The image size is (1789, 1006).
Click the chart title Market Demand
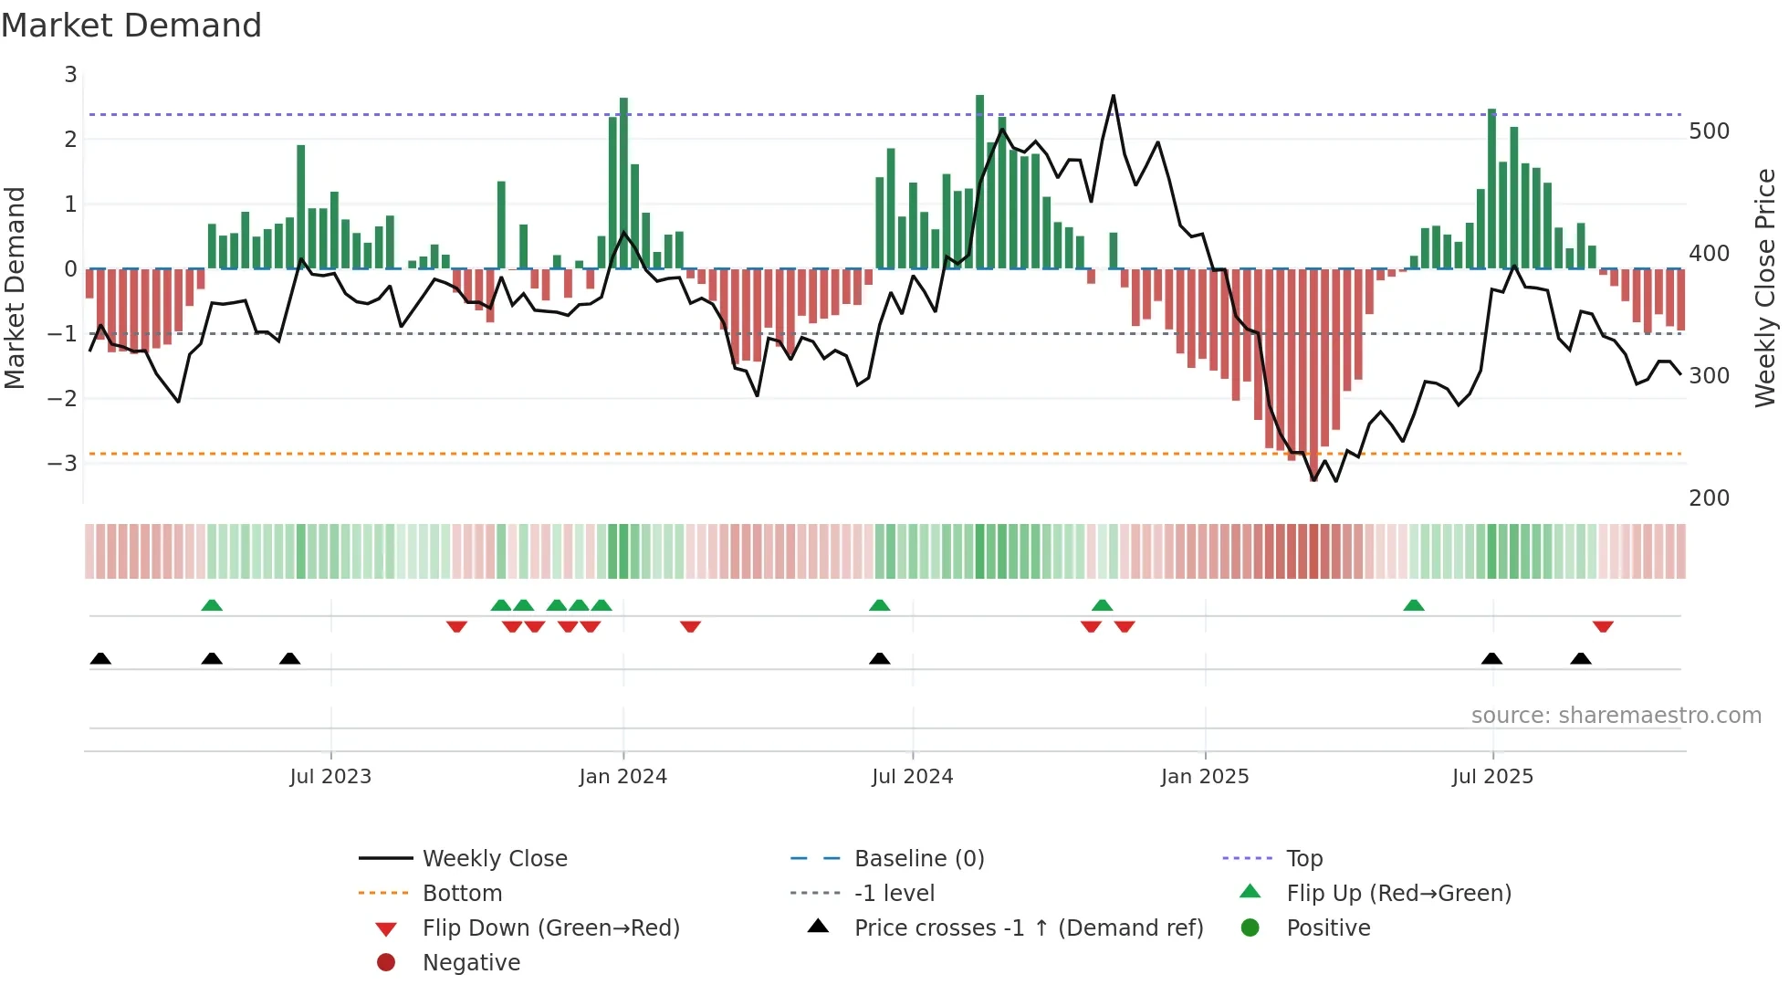(x=131, y=26)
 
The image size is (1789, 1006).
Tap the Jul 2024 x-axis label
(x=912, y=776)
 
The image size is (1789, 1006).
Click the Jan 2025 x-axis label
(x=1204, y=776)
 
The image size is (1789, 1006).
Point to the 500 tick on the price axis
(x=1709, y=131)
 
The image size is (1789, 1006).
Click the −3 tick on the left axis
(x=63, y=463)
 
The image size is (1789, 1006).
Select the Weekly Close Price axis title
(x=1765, y=288)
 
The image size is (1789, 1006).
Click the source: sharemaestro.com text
(x=1616, y=715)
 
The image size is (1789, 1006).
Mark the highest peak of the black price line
(x=1113, y=96)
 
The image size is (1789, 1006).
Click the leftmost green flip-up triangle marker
(x=212, y=605)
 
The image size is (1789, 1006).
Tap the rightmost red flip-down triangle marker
(x=1603, y=626)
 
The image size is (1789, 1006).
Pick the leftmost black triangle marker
(x=100, y=658)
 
